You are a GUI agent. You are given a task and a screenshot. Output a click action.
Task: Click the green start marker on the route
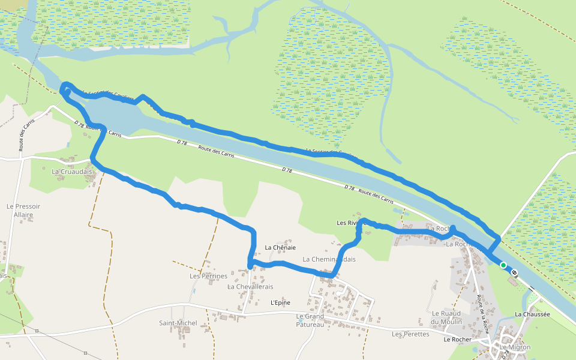(503, 265)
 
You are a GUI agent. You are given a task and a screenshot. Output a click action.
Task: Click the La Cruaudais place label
(71, 172)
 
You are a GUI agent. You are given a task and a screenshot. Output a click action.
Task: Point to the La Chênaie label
(280, 247)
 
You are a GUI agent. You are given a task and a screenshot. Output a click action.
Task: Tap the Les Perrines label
(208, 277)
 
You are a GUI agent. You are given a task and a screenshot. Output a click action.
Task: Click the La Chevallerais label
(250, 287)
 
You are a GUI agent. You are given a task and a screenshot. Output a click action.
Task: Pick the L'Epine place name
(280, 303)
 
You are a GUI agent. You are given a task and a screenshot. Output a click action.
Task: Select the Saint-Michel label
(178, 323)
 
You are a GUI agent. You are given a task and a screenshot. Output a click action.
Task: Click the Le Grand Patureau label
(310, 320)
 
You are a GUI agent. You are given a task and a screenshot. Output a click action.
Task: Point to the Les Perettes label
(410, 334)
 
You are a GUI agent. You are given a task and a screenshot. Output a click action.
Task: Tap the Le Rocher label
(457, 340)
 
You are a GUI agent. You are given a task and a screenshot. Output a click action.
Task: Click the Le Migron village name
(515, 347)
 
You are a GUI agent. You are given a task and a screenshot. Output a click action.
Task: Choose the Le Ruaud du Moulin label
(447, 317)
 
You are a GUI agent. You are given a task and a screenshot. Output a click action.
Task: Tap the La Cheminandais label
(329, 260)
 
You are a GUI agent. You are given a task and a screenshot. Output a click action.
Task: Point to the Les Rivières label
(351, 223)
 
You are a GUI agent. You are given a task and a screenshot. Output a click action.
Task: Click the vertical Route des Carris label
(25, 133)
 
